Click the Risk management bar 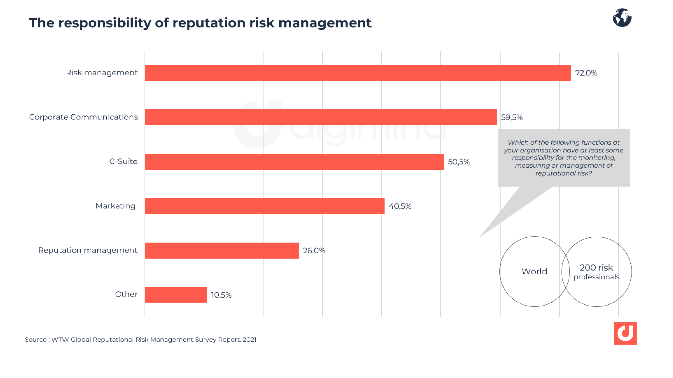tap(358, 73)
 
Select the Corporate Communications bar tap(321, 117)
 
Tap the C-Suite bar tap(294, 162)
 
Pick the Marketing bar tap(265, 206)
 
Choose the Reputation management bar tap(222, 250)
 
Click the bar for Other tap(176, 295)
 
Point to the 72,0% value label tap(586, 73)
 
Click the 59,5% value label tap(512, 117)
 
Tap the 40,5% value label tap(400, 206)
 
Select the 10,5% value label tap(221, 295)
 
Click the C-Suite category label tap(123, 161)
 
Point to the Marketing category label tap(116, 206)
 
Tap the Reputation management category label tap(88, 250)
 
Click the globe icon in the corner tap(622, 18)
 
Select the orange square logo tap(625, 333)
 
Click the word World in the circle tap(534, 271)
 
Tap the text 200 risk tap(596, 268)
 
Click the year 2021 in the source tap(250, 340)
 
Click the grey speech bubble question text tap(563, 158)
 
